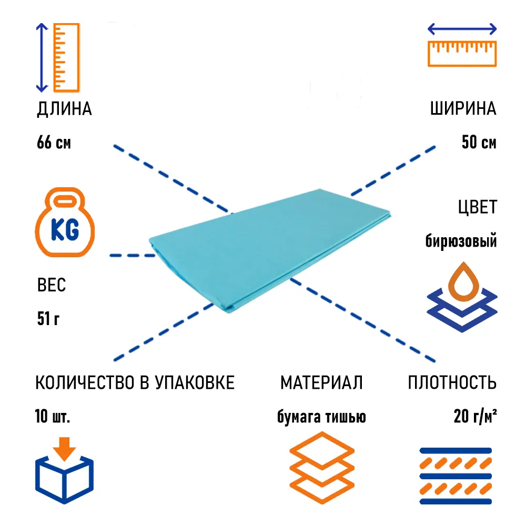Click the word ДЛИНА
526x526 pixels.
(x=64, y=109)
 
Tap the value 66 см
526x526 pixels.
(x=54, y=143)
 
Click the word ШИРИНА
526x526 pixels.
(x=463, y=109)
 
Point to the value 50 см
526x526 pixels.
(x=479, y=143)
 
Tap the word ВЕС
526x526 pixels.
(x=52, y=286)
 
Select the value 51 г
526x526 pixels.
(x=48, y=319)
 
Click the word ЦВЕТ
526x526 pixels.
(x=477, y=207)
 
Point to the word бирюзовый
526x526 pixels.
(x=461, y=242)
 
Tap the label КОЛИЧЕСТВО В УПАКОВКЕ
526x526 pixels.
(x=135, y=383)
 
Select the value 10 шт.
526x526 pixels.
(x=53, y=417)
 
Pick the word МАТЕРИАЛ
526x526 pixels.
(x=321, y=383)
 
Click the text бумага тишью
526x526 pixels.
(x=321, y=417)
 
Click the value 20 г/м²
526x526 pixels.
(x=476, y=417)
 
